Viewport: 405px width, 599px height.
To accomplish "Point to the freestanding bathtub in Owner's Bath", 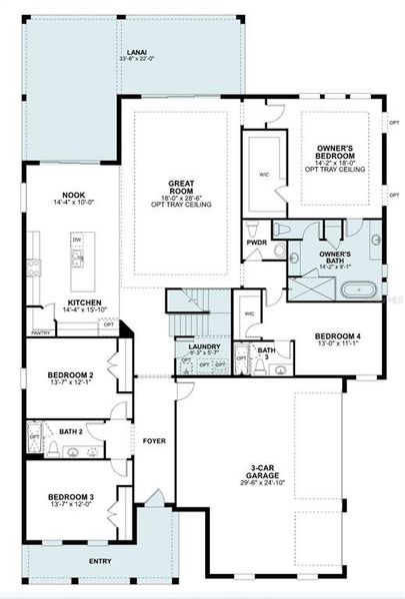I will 356,292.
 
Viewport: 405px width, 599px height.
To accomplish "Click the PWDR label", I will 256,242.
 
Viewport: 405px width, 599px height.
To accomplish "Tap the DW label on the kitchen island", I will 76,241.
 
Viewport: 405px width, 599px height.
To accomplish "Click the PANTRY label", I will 41,332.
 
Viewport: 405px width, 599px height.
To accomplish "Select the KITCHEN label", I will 82,302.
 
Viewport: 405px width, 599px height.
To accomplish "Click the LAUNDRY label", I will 203,346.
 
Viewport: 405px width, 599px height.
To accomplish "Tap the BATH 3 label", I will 265,353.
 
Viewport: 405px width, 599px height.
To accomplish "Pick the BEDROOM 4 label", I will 336,335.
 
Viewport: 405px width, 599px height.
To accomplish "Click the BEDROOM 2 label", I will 70,375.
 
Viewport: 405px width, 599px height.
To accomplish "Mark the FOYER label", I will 153,439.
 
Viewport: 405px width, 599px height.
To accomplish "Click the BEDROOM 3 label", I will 70,496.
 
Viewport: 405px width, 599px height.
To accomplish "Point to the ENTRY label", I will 100,562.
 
